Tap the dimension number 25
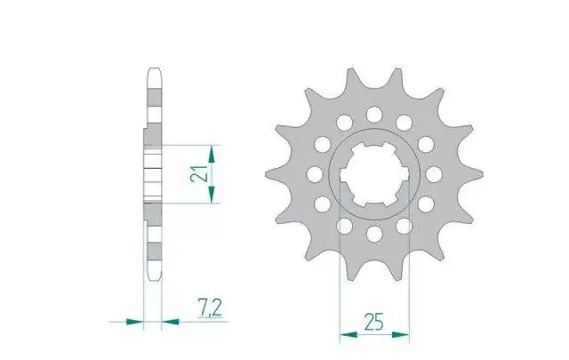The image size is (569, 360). (x=373, y=323)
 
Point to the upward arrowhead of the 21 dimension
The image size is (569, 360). (x=212, y=154)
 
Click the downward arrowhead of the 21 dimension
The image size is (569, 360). (x=212, y=194)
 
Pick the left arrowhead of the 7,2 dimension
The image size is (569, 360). (x=134, y=321)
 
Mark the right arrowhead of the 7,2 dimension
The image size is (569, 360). (x=170, y=321)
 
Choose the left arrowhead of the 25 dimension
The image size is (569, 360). (x=349, y=334)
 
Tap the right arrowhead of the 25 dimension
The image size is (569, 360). (x=400, y=334)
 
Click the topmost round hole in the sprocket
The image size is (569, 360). (x=374, y=115)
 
